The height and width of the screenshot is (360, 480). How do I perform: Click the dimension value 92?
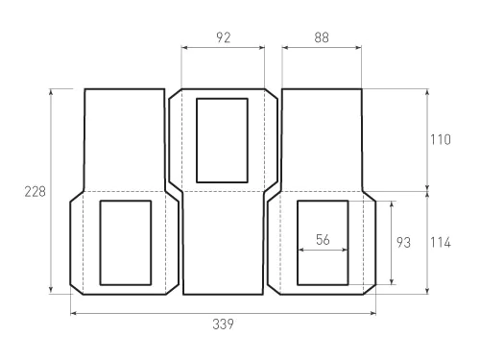tap(224, 37)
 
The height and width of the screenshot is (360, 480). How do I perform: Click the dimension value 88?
tap(322, 37)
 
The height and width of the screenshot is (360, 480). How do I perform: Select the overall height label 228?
tap(36, 192)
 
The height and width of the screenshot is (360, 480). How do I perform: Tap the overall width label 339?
tap(223, 324)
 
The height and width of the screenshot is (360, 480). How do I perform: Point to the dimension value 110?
tap(440, 140)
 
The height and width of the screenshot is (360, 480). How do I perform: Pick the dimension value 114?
tap(440, 243)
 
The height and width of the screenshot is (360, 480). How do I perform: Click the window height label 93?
tap(403, 243)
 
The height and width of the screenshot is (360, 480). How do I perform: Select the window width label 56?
tap(323, 239)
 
